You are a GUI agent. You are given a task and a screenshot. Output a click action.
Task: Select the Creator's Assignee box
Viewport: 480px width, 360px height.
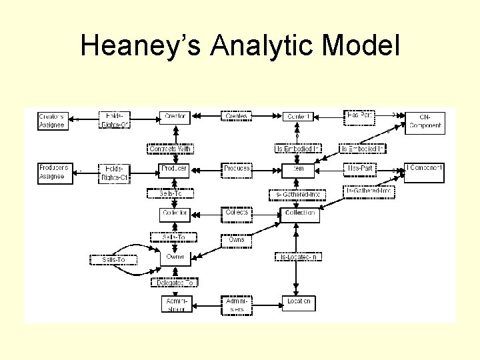(52, 120)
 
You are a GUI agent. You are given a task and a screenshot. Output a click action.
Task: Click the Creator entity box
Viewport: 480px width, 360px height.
(175, 117)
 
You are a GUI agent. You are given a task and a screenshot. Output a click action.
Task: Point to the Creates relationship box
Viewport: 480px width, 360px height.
(237, 117)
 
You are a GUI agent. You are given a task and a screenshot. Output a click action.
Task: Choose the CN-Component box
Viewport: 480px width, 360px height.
(425, 121)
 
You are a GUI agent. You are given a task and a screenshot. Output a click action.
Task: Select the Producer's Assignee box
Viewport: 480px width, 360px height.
(52, 173)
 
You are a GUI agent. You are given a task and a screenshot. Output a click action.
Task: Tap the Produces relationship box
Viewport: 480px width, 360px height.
(237, 169)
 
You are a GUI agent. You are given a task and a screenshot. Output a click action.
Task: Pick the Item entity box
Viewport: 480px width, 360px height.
(298, 169)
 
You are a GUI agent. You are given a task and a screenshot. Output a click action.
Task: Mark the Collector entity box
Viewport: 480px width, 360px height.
(175, 213)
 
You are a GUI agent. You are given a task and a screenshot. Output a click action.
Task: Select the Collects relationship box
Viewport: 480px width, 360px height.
(237, 213)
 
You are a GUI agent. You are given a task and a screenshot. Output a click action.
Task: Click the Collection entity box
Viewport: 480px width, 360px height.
(299, 213)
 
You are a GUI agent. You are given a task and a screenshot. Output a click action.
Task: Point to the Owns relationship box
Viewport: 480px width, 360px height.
(237, 239)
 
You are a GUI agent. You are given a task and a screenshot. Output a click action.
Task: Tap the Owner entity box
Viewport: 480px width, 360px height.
(175, 257)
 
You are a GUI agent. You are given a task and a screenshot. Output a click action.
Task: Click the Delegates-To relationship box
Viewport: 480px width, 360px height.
(174, 283)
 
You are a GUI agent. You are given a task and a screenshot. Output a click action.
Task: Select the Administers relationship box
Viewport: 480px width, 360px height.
(237, 305)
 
